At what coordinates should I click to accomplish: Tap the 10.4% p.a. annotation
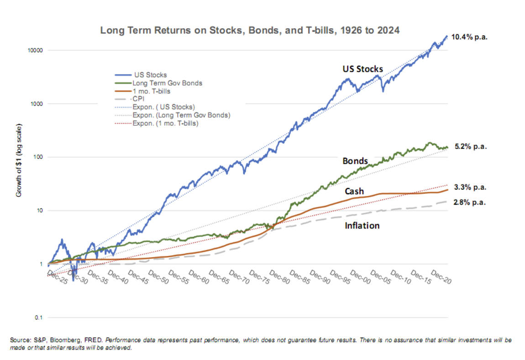469,37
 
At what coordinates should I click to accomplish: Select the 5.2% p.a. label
470,147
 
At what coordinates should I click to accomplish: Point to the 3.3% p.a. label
470,187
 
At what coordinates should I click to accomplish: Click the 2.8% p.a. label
470,202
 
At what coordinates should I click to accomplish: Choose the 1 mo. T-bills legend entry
151,91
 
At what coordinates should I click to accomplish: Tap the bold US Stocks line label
363,69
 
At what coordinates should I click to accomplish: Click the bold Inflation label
362,225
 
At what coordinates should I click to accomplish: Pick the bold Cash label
354,191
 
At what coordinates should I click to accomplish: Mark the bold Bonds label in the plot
355,161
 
